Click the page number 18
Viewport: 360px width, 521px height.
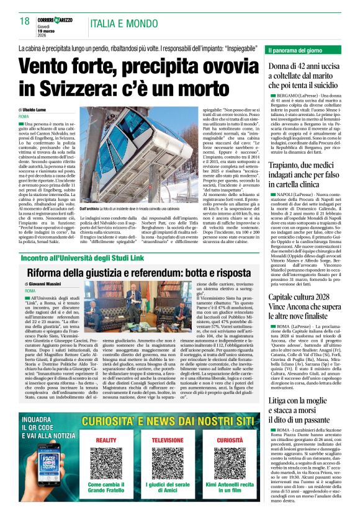(25, 22)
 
